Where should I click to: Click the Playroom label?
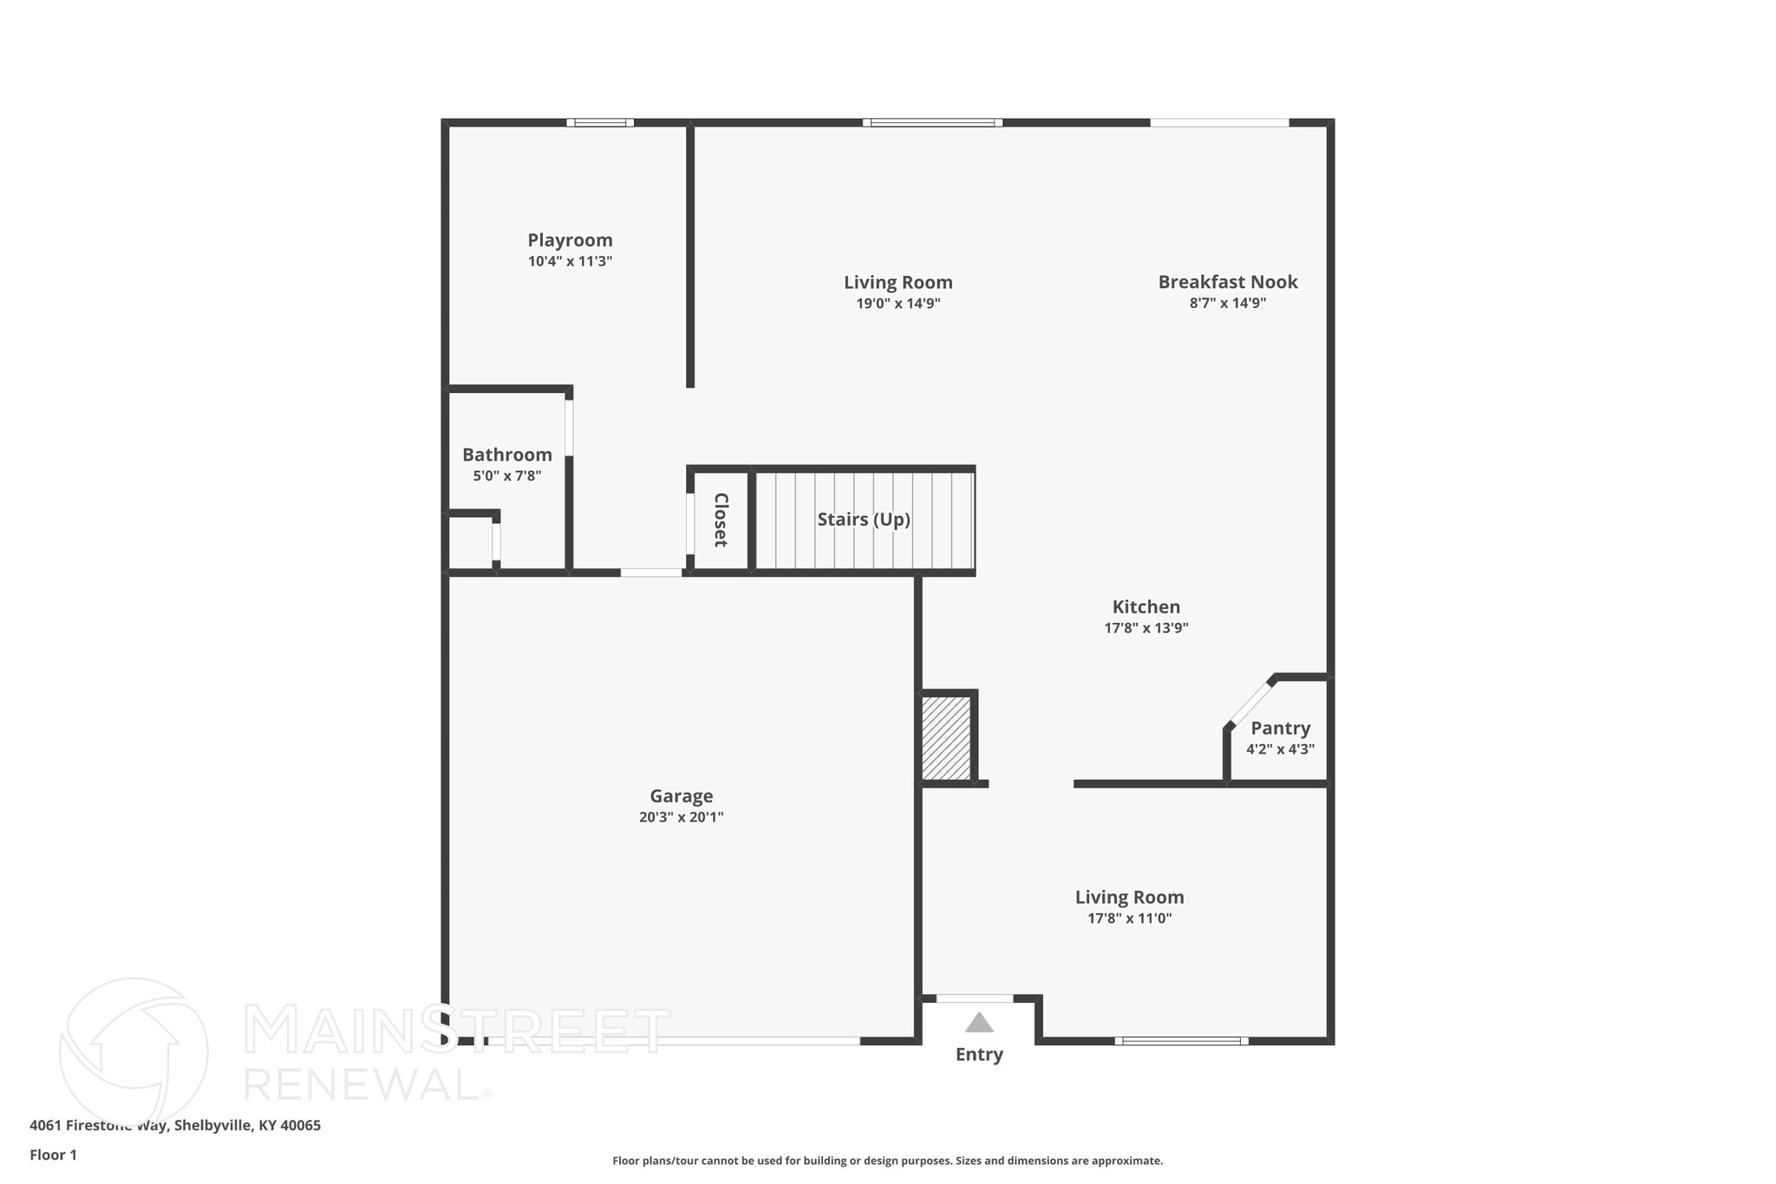click(570, 240)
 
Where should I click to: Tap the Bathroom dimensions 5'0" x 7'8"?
click(506, 476)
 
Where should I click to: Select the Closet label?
click(720, 520)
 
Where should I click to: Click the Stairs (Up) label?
click(864, 520)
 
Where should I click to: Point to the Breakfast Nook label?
click(1227, 282)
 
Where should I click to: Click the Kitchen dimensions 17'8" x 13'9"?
click(1146, 628)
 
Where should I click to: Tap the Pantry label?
click(1280, 728)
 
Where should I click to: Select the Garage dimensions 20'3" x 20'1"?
click(681, 817)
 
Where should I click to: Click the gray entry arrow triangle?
click(979, 1023)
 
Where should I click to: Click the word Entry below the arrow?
click(979, 1055)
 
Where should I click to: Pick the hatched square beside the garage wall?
click(945, 738)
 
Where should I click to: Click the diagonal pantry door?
click(1250, 703)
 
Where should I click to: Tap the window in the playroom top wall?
click(600, 122)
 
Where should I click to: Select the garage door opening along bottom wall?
click(673, 1040)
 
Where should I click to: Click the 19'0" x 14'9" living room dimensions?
click(898, 304)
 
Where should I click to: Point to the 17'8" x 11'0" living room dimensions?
click(1129, 919)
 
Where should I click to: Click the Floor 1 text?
click(53, 1155)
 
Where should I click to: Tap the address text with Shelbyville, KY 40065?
click(175, 1126)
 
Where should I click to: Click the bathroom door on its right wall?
click(569, 427)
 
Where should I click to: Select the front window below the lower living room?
click(1181, 1040)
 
